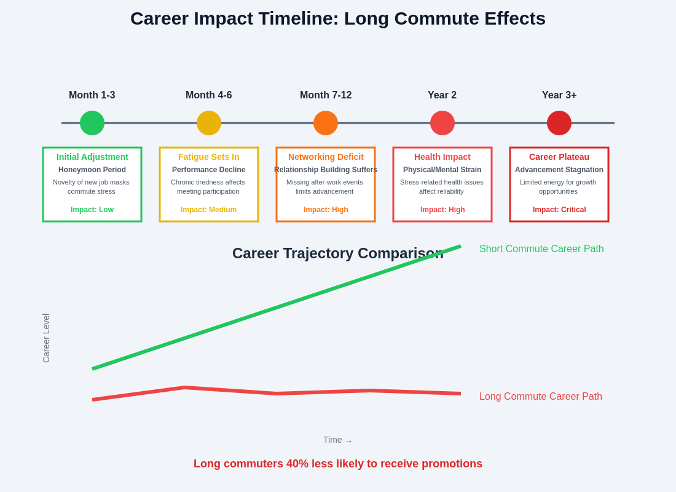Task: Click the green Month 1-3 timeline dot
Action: [92, 123]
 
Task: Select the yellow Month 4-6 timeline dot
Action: [209, 123]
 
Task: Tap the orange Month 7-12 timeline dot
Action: [326, 123]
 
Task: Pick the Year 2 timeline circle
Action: [442, 123]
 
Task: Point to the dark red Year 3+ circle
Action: [559, 123]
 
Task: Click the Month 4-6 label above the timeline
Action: [209, 95]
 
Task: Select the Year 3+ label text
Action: [559, 95]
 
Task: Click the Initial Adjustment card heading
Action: [92, 157]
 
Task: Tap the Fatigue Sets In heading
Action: [209, 157]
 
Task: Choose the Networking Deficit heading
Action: [326, 157]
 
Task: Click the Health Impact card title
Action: [442, 157]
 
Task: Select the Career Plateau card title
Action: [559, 157]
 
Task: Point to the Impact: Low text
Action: [92, 210]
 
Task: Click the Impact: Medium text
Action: [209, 210]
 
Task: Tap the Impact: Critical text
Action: [559, 210]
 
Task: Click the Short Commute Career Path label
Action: [541, 249]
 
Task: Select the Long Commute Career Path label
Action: [541, 397]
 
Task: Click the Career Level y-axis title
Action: [46, 338]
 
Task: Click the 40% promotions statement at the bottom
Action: [338, 464]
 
